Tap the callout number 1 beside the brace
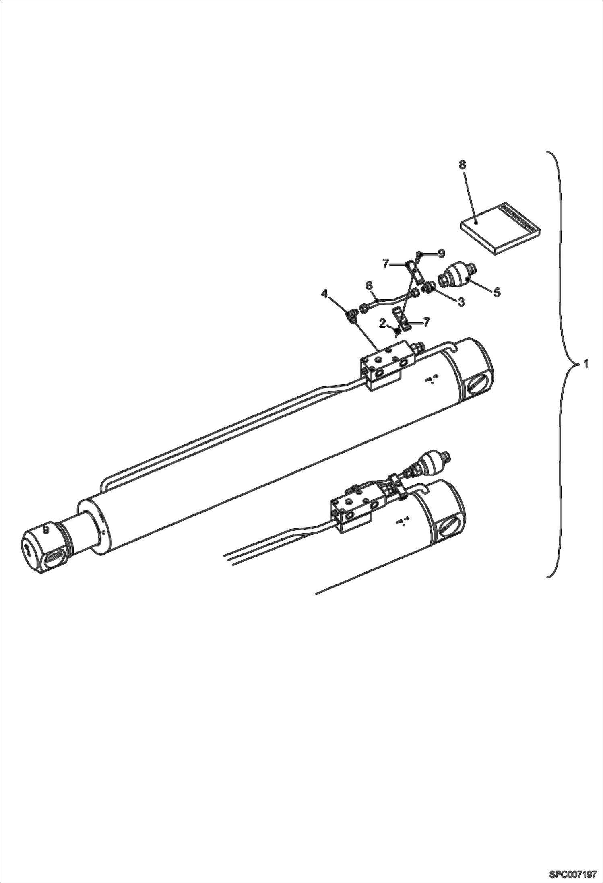click(x=586, y=364)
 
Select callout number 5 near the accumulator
click(x=497, y=293)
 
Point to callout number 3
click(x=461, y=301)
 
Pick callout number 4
click(x=324, y=295)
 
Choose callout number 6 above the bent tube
click(x=369, y=285)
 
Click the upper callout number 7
click(x=386, y=264)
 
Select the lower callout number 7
click(x=426, y=322)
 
